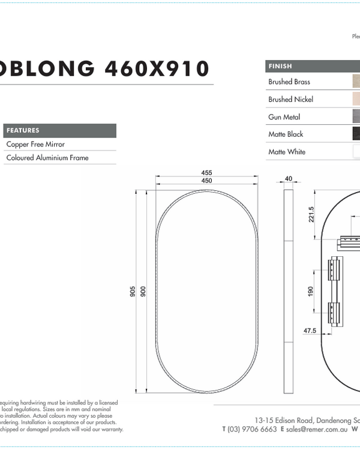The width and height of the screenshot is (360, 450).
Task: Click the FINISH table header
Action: pos(280,66)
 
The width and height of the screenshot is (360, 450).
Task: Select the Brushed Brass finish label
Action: pos(289,82)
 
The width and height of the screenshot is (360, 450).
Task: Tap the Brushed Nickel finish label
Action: pos(290,99)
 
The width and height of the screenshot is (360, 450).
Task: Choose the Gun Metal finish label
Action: pos(284,117)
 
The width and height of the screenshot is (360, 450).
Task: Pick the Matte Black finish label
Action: pos(286,134)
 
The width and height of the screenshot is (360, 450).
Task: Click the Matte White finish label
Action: pos(287,152)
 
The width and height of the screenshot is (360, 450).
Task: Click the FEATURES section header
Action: pos(23,130)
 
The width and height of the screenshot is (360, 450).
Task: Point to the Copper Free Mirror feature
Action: pos(35,145)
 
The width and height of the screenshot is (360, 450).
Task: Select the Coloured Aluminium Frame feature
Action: pos(47,158)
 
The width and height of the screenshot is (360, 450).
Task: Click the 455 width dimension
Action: pos(206,173)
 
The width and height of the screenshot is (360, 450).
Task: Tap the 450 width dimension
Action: pos(206,181)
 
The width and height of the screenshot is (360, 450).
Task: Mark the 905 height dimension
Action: pos(132,291)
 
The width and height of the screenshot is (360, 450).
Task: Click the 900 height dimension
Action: pos(143,291)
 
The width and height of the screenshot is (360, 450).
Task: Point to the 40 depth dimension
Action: pos(289,178)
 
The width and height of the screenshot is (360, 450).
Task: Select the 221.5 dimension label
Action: pos(311,214)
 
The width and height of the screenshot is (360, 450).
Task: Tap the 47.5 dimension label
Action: pos(310,331)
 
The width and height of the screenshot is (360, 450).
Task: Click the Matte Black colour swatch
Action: pos(356,134)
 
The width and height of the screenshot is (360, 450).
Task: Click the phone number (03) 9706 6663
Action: pos(252,429)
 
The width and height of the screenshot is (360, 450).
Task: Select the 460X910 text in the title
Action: pos(157,69)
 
